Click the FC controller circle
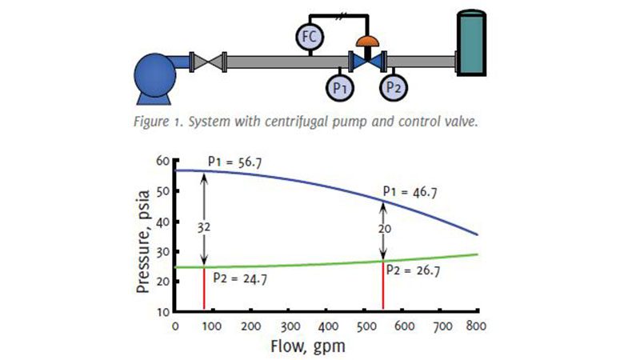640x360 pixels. (x=308, y=35)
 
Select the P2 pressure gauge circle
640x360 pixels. (x=393, y=86)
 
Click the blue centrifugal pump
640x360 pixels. (x=160, y=76)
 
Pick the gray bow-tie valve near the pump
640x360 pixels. (x=211, y=61)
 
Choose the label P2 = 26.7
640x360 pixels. (x=414, y=270)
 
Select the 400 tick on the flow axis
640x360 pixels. (x=327, y=326)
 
